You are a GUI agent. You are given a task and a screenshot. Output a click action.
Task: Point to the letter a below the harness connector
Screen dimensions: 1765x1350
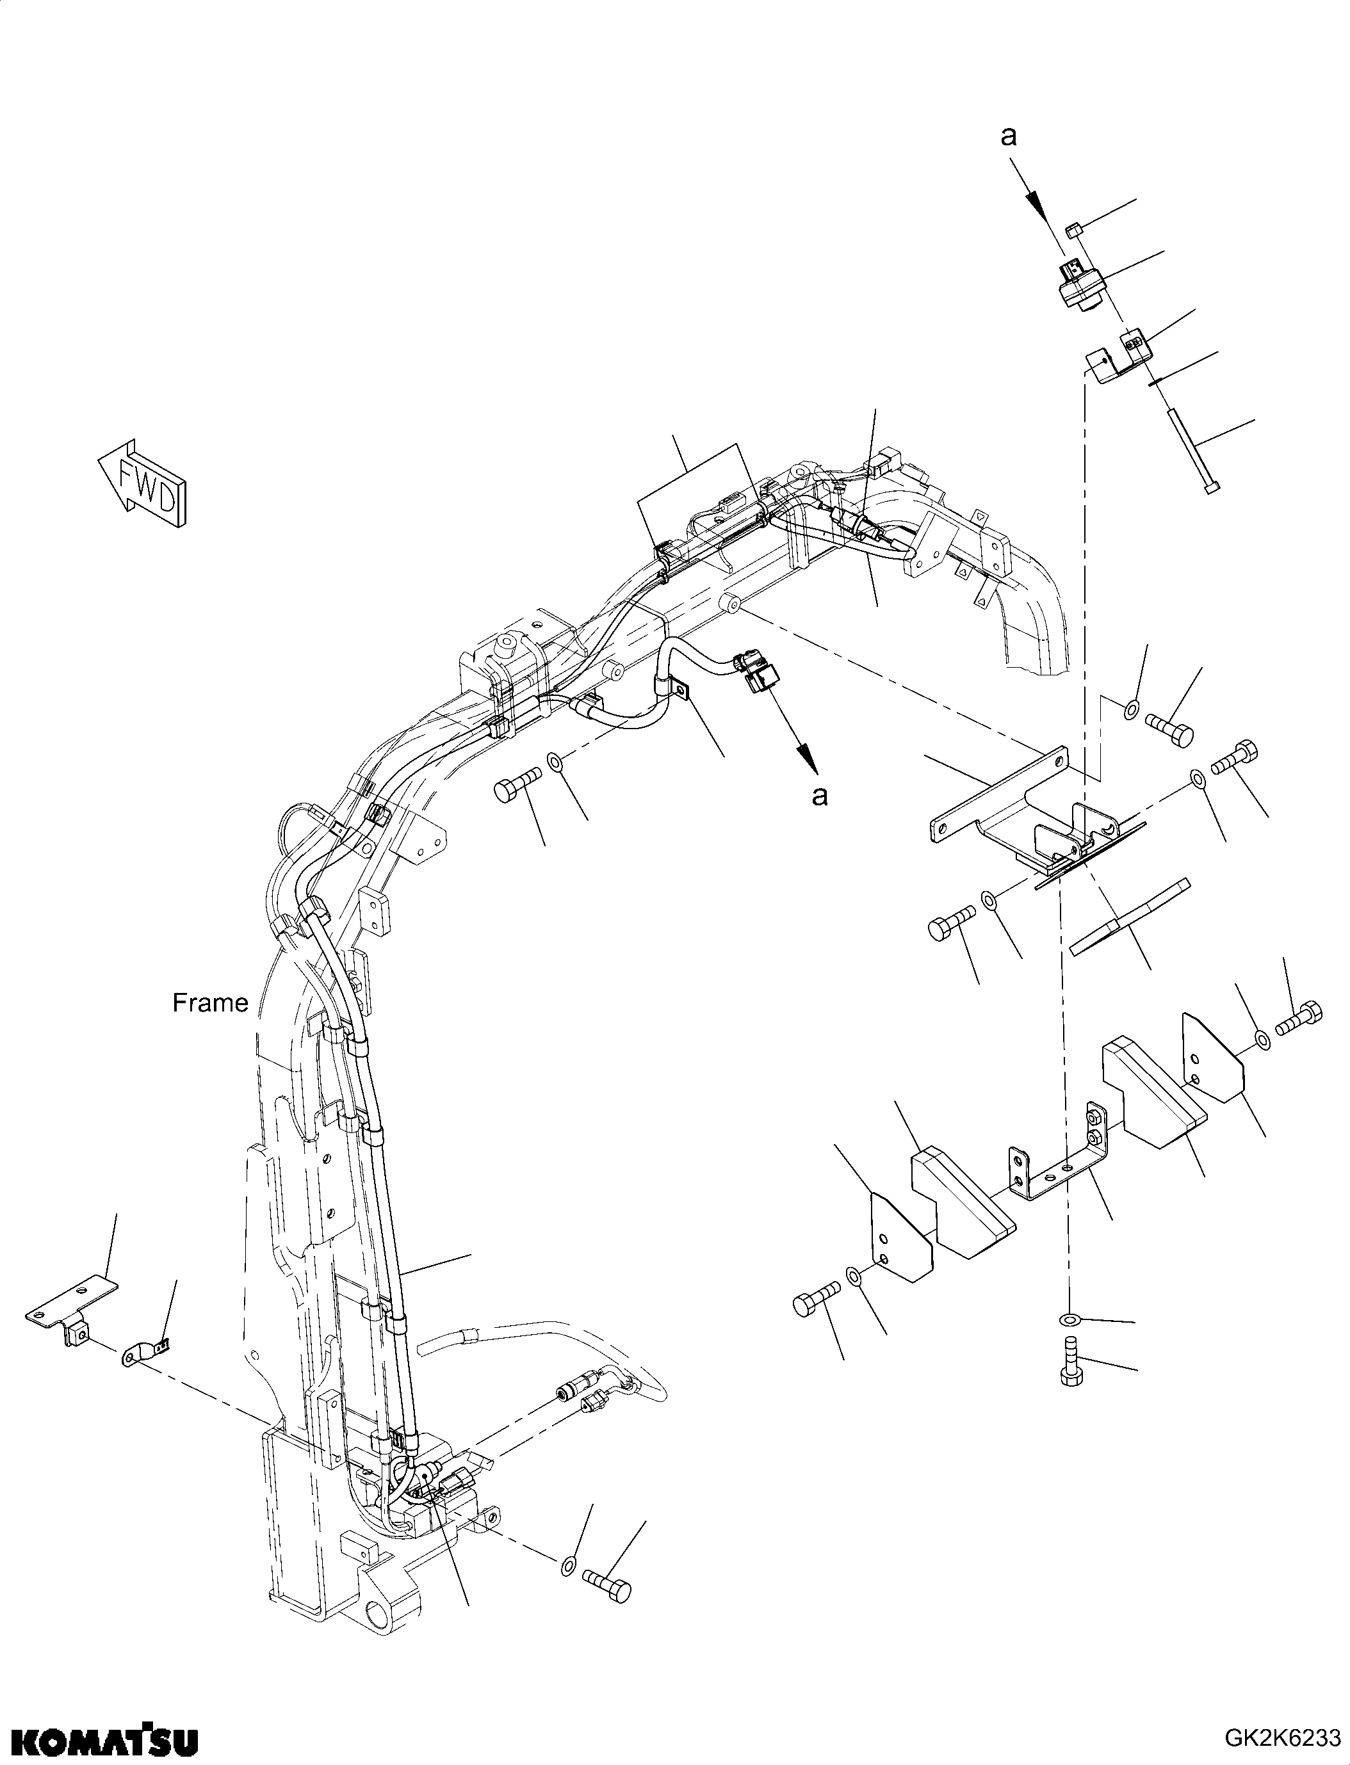coord(819,795)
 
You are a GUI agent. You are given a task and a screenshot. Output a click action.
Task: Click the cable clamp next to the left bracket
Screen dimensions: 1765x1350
coord(145,1351)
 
